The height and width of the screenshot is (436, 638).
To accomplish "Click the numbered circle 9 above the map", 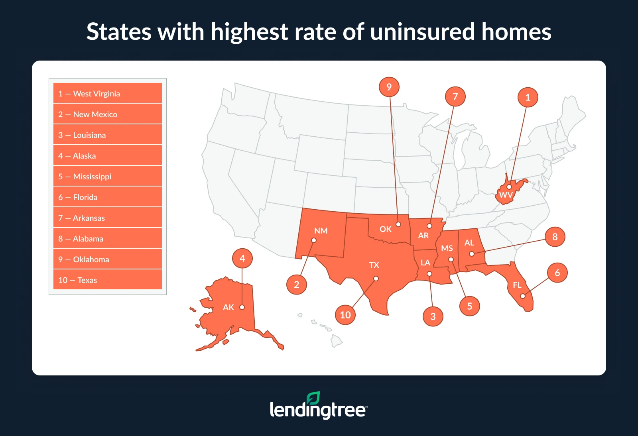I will pyautogui.click(x=389, y=87).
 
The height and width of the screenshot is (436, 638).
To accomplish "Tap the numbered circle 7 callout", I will pyautogui.click(x=455, y=96).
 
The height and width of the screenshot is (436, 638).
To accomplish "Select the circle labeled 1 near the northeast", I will pyautogui.click(x=528, y=98).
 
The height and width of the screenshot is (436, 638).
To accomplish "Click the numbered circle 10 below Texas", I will pyautogui.click(x=345, y=315).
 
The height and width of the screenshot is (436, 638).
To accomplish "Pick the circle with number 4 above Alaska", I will pyautogui.click(x=242, y=258).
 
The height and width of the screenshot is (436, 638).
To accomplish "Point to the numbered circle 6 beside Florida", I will pyautogui.click(x=557, y=273).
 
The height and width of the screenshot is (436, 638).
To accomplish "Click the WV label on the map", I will pyautogui.click(x=506, y=195).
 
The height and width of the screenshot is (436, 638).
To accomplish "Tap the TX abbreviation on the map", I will pyautogui.click(x=374, y=265).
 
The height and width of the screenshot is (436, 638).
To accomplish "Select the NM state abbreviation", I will pyautogui.click(x=321, y=231).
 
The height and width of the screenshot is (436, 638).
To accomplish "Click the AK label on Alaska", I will pyautogui.click(x=228, y=307).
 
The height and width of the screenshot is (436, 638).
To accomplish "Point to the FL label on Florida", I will pyautogui.click(x=517, y=285).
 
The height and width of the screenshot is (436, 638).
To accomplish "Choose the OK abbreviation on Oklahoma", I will pyautogui.click(x=385, y=229).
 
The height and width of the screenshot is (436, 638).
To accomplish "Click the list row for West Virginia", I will pyautogui.click(x=108, y=93).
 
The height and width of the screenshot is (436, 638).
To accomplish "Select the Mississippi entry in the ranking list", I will pyautogui.click(x=108, y=176).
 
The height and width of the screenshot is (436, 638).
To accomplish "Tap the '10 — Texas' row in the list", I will pyautogui.click(x=108, y=280).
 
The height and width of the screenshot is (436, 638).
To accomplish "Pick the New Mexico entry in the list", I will pyautogui.click(x=108, y=114).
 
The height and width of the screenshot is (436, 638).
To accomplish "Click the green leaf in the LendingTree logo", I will pyautogui.click(x=313, y=398).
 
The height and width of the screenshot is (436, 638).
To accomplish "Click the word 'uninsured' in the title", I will pyautogui.click(x=422, y=32).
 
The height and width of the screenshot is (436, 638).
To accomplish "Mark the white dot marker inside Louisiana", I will pyautogui.click(x=429, y=274).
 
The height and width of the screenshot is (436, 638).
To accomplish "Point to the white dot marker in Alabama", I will pyautogui.click(x=472, y=254).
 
